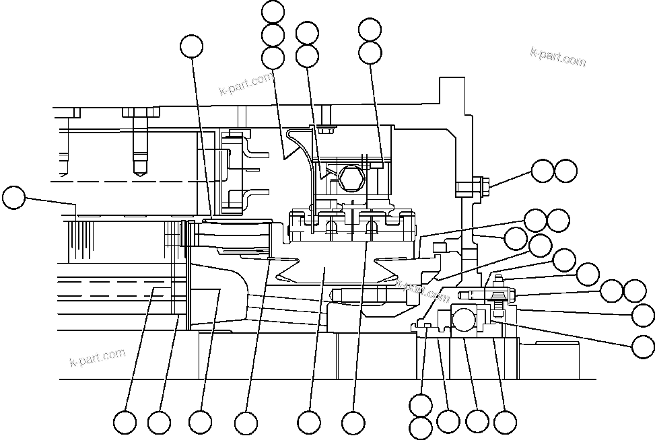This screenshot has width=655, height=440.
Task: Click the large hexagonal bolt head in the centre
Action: (351, 178)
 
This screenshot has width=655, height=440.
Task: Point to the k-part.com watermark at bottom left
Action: (98, 357)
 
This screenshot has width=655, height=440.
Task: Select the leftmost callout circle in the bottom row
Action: (125, 423)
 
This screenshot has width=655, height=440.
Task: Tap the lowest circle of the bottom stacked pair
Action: (421, 427)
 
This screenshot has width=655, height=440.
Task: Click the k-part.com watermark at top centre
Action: (246, 84)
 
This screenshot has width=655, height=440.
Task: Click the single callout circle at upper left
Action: (192, 46)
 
